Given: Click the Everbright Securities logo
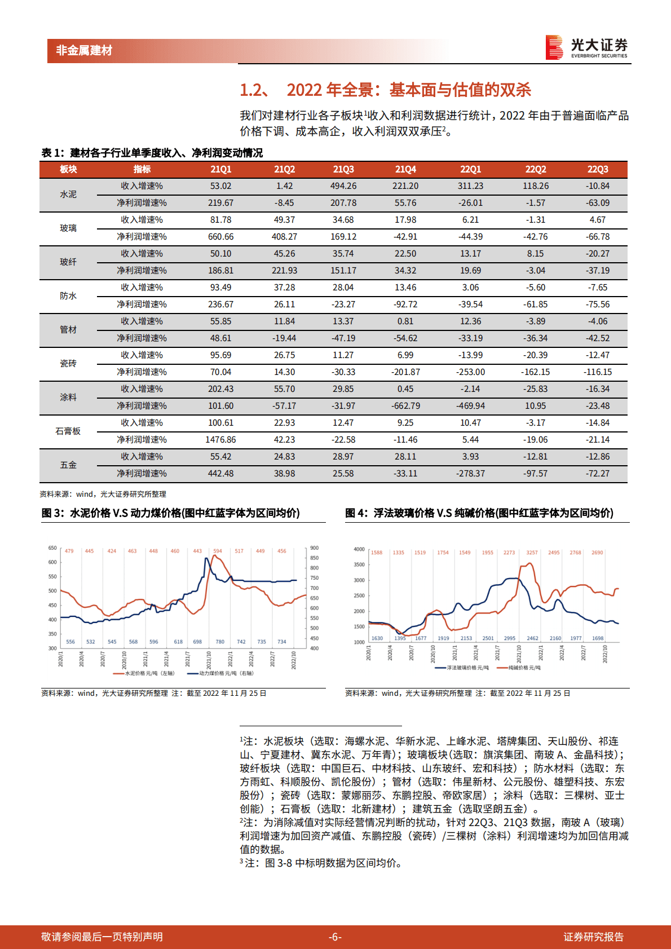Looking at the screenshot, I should click(x=586, y=47).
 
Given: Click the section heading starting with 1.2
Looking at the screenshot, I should click(x=385, y=90).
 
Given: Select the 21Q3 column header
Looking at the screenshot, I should click(x=343, y=169).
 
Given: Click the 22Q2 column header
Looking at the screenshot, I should click(x=536, y=169).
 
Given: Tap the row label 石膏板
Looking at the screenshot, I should click(x=68, y=431).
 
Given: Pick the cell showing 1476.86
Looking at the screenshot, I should click(x=220, y=440).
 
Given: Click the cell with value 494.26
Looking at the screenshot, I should click(x=343, y=186).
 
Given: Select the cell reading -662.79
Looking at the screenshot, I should click(x=405, y=406).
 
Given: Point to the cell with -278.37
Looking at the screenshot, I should click(x=470, y=474).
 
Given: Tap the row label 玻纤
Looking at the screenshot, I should click(x=68, y=262).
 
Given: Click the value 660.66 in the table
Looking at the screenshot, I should click(x=220, y=237).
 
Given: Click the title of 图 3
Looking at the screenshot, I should click(x=170, y=513).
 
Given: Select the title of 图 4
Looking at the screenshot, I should click(x=479, y=513).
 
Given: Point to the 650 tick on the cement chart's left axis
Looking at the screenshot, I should click(x=52, y=548).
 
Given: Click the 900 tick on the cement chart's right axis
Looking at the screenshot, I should click(x=315, y=548).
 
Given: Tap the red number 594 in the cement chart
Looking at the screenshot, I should click(x=218, y=551).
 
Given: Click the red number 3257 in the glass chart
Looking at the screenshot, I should click(x=532, y=553).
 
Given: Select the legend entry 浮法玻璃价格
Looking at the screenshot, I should click(x=467, y=668).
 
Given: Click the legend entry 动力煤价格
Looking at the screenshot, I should click(x=226, y=673).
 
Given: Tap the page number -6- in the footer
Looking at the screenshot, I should click(x=335, y=937).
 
